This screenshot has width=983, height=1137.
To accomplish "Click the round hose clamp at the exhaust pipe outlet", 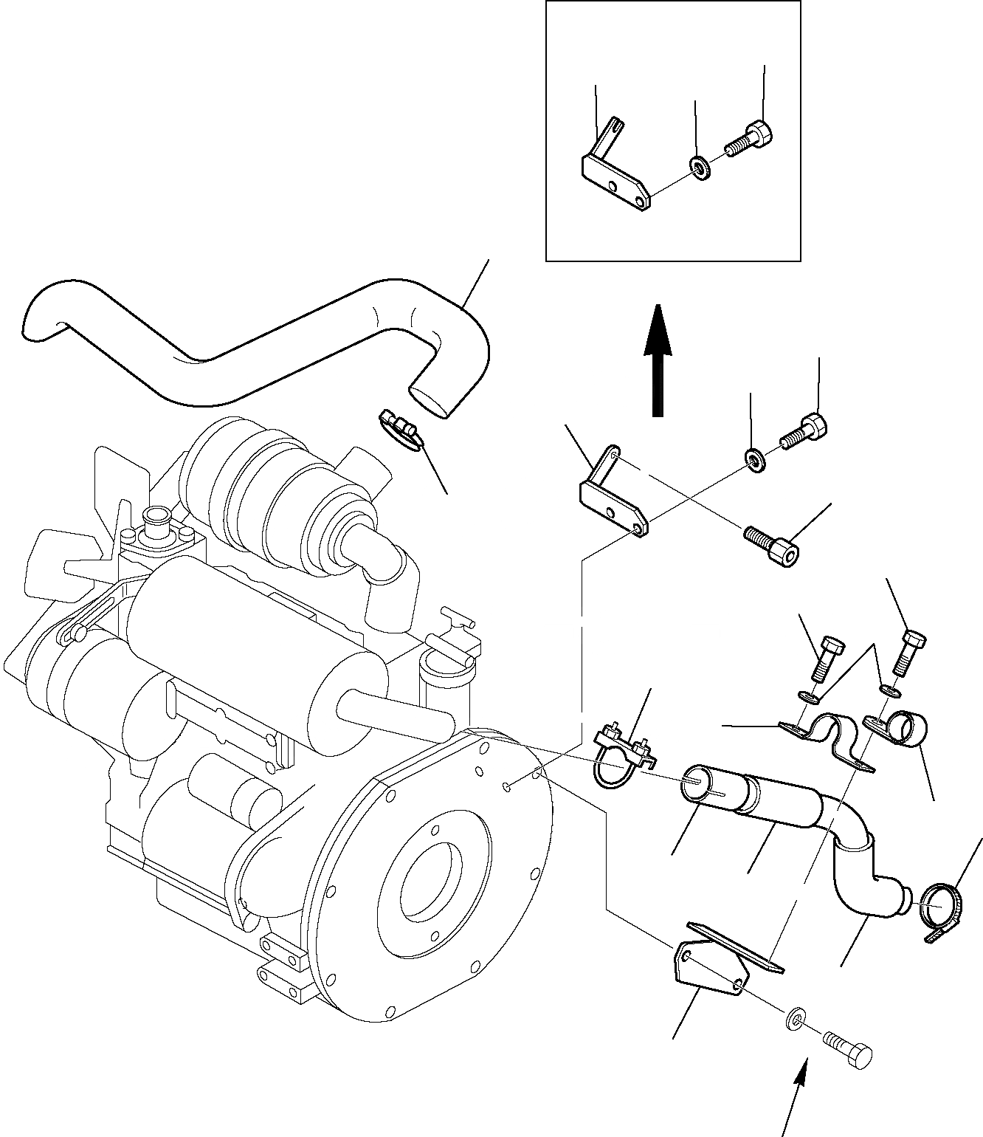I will (x=942, y=910).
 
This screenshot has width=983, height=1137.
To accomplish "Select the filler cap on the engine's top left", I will (x=156, y=518).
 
